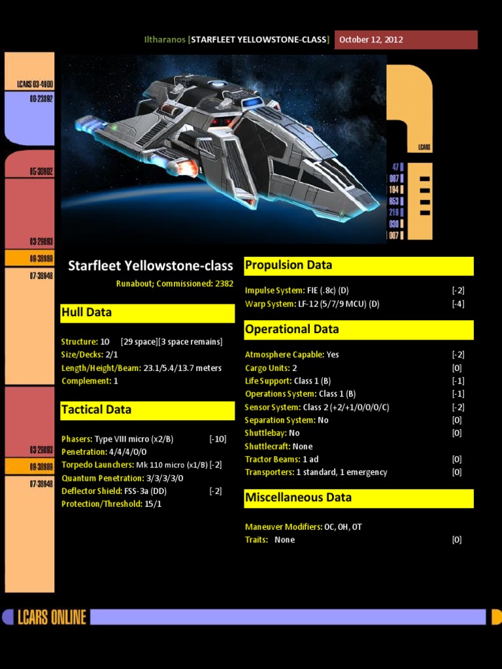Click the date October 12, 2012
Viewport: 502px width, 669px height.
pos(371,40)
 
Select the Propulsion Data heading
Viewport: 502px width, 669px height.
pos(288,265)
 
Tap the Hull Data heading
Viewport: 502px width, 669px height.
pos(87,312)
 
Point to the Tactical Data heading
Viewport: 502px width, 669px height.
pos(96,410)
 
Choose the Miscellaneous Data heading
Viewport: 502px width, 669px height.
pos(298,497)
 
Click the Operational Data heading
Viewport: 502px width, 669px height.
pos(292,329)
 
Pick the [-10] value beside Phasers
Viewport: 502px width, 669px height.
pos(218,439)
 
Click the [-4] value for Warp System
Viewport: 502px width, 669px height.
pos(458,304)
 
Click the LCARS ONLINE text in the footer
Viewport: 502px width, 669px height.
pos(52,617)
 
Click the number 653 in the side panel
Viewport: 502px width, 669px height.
pos(393,201)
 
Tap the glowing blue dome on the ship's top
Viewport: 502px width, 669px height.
pos(254,103)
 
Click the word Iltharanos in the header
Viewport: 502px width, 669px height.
pos(165,40)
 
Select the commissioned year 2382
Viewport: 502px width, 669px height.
pos(224,284)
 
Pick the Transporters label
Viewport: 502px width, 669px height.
pos(269,472)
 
